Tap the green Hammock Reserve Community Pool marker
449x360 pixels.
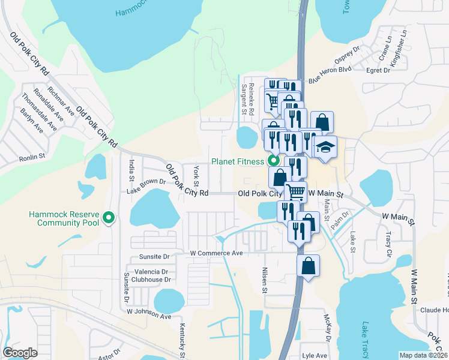coord(109,218)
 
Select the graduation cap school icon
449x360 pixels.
coord(325,148)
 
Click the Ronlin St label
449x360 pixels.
coord(32,157)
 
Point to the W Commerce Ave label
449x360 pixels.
coord(216,253)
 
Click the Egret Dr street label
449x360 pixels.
coord(378,70)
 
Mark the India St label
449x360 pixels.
coord(131,170)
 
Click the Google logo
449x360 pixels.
coord(20,353)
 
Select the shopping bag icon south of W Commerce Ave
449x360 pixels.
coord(307,267)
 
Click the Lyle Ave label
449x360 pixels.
coord(314,355)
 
